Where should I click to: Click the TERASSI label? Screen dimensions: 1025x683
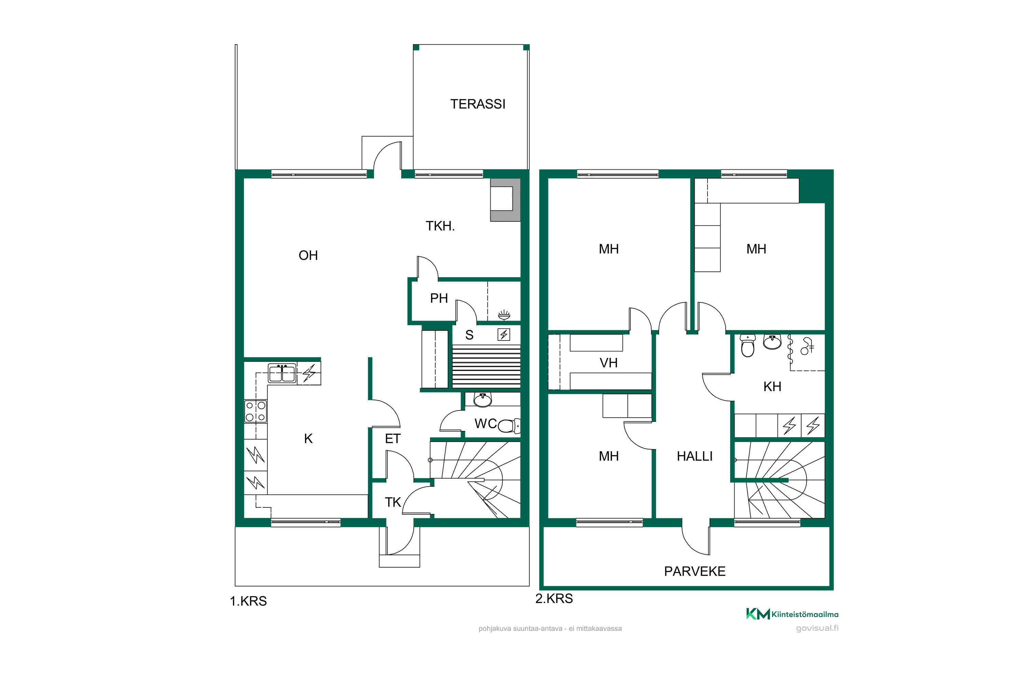point(478,104)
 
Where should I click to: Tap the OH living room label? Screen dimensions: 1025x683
point(308,255)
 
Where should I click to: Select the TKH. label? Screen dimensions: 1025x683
point(440,226)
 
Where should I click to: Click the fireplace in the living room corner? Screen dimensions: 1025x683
point(505,199)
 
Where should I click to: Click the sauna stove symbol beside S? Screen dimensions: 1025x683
point(504,335)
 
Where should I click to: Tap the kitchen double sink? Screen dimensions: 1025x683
point(282,374)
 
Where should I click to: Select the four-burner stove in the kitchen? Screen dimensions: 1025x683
point(255,411)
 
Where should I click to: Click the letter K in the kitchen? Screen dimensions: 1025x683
point(308,438)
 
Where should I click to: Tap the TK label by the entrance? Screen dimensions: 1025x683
point(393,502)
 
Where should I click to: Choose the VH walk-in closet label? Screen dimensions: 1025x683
point(609,363)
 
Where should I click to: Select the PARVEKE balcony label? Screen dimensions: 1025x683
point(695,571)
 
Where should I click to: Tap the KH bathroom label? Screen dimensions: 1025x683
point(772,386)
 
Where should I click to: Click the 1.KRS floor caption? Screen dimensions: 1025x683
point(248,601)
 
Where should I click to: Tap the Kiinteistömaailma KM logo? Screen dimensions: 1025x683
point(792,614)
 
